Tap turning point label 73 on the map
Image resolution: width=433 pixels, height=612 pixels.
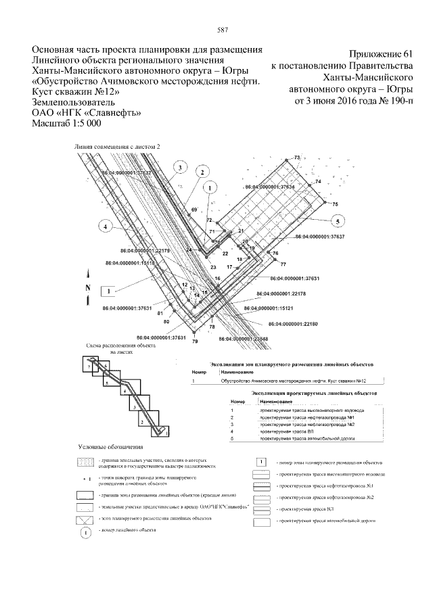296,158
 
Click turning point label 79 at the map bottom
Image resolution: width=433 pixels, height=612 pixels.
195,343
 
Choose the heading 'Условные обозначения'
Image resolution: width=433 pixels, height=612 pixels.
110,447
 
